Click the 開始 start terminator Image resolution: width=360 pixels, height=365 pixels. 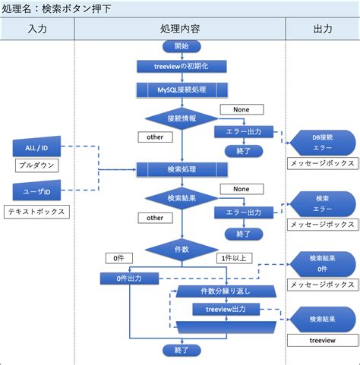[182, 46]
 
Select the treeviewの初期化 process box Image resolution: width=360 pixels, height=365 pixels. [182, 67]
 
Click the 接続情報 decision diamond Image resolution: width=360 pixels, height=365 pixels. [182, 118]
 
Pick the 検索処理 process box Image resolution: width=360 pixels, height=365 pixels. [182, 168]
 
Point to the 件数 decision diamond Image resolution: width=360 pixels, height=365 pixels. [182, 248]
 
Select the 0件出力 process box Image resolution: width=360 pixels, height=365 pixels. [133, 278]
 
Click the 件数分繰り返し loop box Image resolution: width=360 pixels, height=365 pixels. [226, 291]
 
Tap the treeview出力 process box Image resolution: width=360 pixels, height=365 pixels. [226, 309]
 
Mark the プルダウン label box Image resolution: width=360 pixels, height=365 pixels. [37, 165]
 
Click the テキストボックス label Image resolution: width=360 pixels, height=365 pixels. [37, 212]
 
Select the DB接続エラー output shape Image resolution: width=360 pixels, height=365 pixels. [322, 142]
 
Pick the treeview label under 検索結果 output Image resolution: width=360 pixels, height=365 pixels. [322, 341]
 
